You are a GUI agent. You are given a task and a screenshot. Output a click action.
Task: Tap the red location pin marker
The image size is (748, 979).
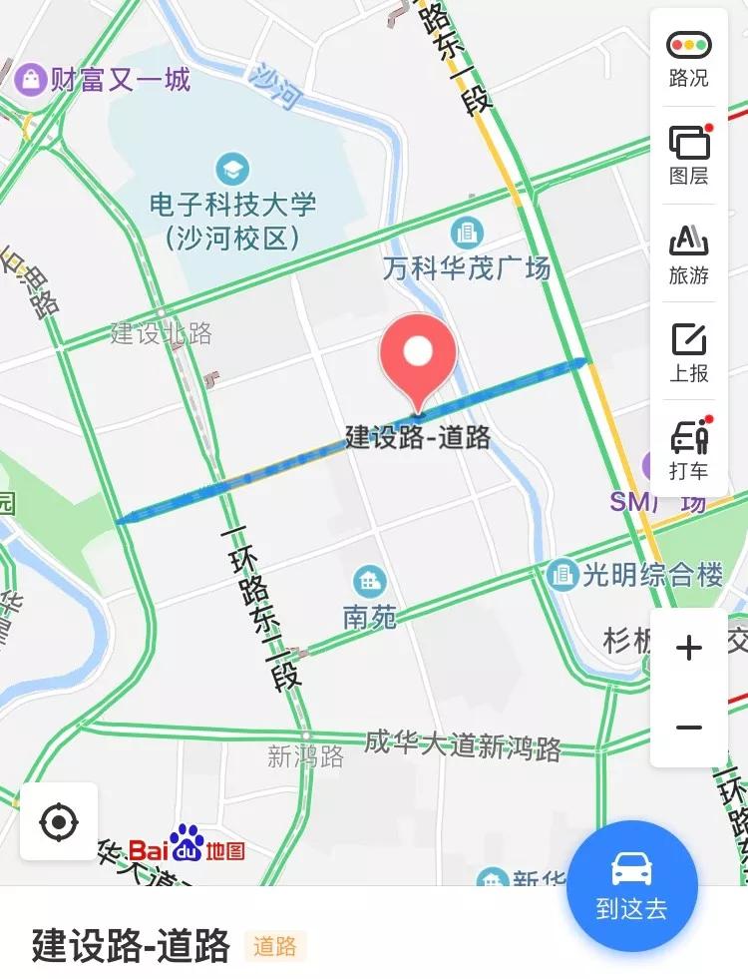click(418, 354)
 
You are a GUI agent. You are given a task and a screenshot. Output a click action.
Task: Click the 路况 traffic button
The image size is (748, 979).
click(688, 58)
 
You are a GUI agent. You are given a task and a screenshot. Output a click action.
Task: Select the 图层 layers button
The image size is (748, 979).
click(688, 156)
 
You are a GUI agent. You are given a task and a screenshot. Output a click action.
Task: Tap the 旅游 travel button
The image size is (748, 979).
click(688, 253)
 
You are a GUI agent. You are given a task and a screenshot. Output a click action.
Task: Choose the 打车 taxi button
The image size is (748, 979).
click(688, 449)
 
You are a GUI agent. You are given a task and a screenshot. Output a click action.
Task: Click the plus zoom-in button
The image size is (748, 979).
click(689, 649)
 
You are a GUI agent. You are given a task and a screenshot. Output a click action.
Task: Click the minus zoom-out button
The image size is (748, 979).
click(689, 728)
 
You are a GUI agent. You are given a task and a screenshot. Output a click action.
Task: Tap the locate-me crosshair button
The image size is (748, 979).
click(59, 822)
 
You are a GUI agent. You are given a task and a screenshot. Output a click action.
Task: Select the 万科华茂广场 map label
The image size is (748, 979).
click(467, 267)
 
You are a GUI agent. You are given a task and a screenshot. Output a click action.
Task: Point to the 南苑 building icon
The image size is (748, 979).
click(370, 580)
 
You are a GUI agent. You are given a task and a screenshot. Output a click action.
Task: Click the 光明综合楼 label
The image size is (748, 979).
click(653, 575)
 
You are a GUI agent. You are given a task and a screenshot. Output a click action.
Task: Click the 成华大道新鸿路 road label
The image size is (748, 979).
click(463, 745)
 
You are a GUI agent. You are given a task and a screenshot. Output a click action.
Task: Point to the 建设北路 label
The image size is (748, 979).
click(161, 333)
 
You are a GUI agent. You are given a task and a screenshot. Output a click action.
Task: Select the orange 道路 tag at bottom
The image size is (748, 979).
click(275, 946)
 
